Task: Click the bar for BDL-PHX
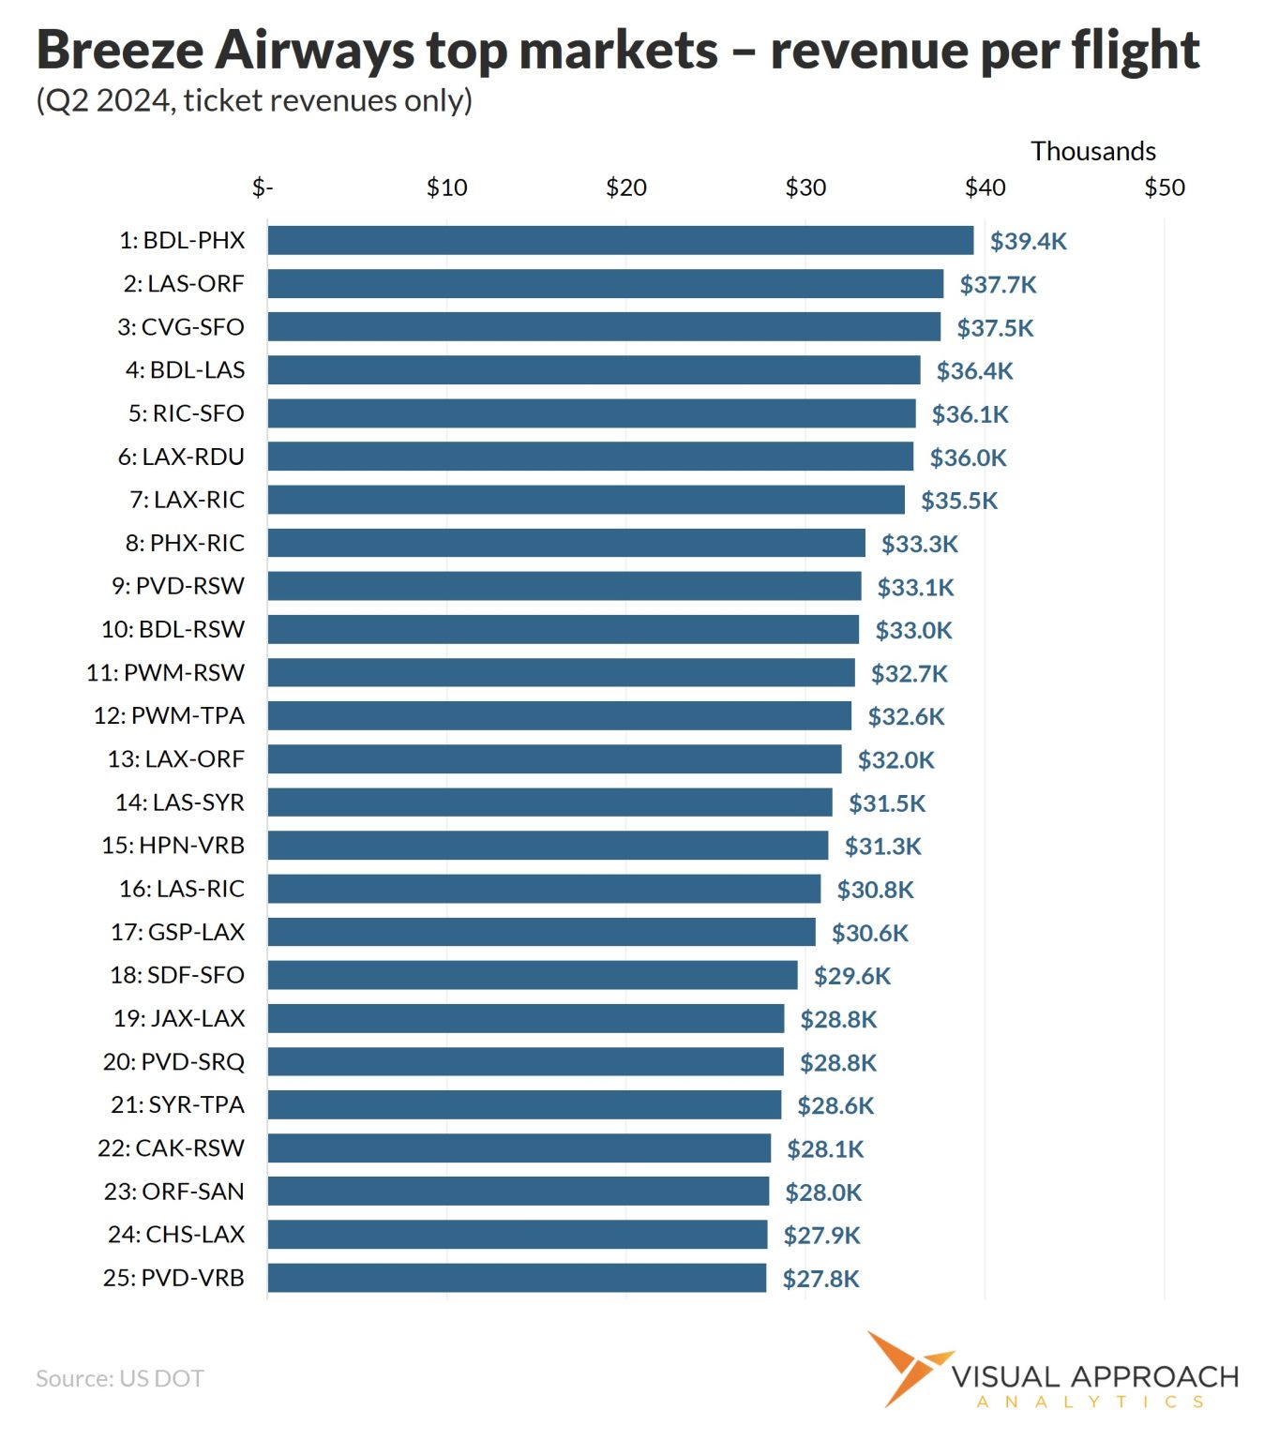[x=620, y=240]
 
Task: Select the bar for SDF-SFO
[x=533, y=974]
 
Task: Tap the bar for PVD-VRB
[x=517, y=1277]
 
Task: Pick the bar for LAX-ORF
[x=554, y=758]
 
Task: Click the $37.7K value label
[x=998, y=284]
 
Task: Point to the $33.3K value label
[x=920, y=544]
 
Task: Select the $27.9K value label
[x=821, y=1236]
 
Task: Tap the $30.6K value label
[x=870, y=933]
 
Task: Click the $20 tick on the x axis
[x=626, y=187]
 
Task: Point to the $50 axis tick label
[x=1165, y=187]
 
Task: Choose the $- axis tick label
[x=263, y=187]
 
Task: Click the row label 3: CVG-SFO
[x=181, y=327]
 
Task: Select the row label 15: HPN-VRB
[x=173, y=845]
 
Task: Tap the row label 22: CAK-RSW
[x=171, y=1147]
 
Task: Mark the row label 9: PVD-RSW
[x=178, y=586]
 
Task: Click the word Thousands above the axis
[x=1093, y=151]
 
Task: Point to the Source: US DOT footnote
[x=119, y=1378]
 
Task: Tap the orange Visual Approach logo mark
[x=908, y=1368]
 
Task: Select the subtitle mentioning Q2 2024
[x=254, y=101]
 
